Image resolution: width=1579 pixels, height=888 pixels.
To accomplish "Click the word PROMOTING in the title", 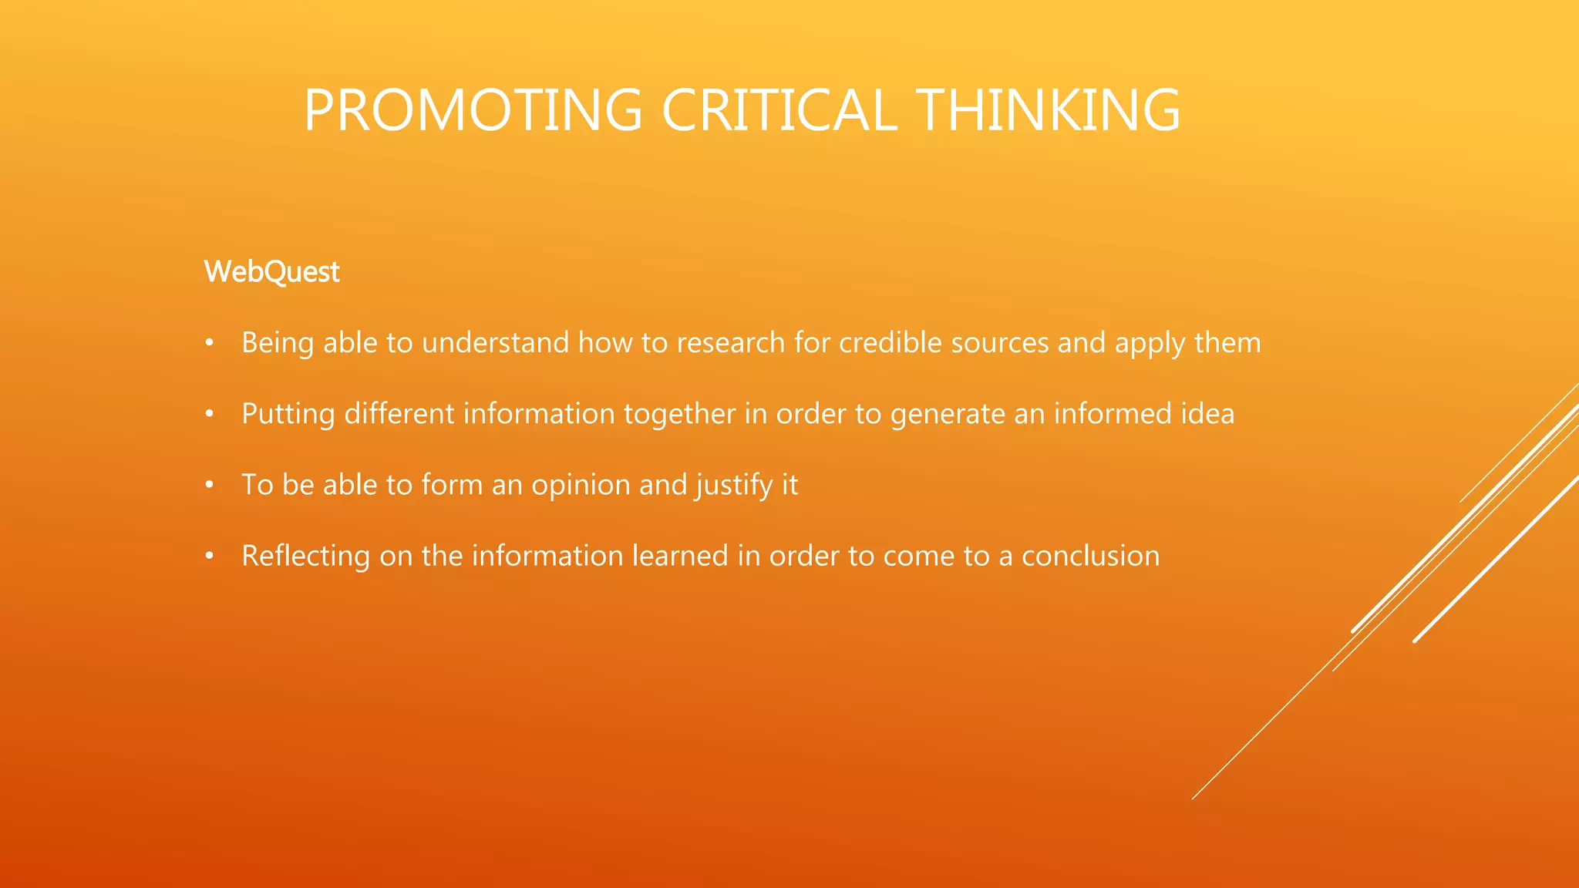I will [x=473, y=110].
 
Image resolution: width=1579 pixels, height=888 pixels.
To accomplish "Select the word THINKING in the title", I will [x=1049, y=110].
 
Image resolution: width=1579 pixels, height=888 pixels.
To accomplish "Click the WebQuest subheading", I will [x=271, y=272].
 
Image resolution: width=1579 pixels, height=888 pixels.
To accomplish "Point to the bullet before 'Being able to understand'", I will [x=209, y=343].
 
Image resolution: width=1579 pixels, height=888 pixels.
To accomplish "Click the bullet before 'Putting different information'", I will [x=209, y=414].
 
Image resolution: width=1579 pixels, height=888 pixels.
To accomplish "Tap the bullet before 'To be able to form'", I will [x=209, y=485].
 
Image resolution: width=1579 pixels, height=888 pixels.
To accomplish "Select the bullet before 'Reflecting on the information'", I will [x=209, y=556].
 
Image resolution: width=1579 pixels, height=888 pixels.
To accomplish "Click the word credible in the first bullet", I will [x=890, y=343].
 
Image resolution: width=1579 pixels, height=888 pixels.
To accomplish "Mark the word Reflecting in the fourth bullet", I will [x=305, y=557].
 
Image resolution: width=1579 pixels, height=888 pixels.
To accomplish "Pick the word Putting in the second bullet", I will [x=288, y=415].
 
